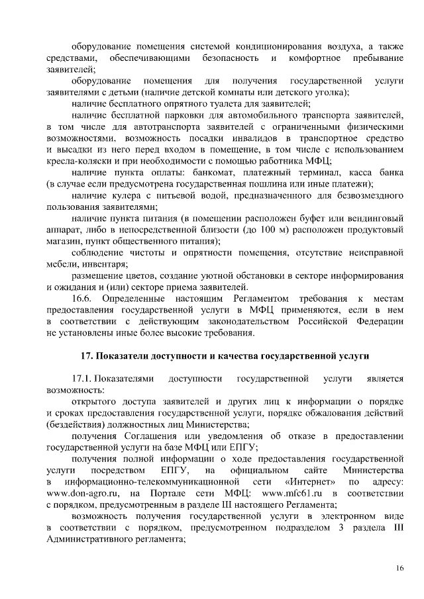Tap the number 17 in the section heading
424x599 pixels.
[x=85, y=355]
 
